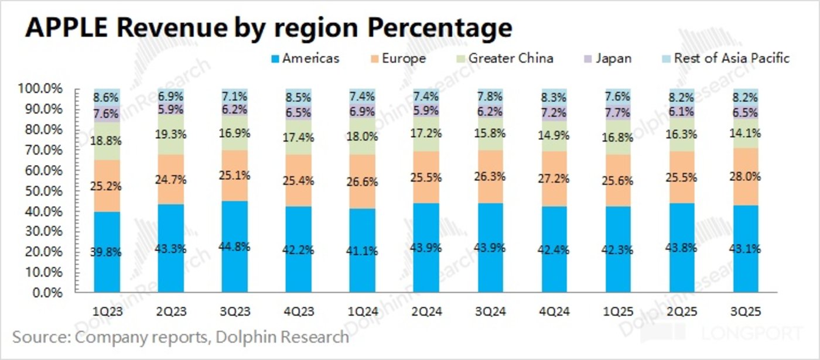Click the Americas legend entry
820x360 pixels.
tap(310, 58)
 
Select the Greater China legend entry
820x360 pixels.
tap(510, 58)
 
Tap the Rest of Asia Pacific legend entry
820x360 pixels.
tap(731, 58)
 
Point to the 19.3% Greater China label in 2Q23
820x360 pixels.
tap(172, 134)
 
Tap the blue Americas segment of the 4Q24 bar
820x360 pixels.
tap(555, 269)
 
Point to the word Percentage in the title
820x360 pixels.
tap(433, 28)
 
